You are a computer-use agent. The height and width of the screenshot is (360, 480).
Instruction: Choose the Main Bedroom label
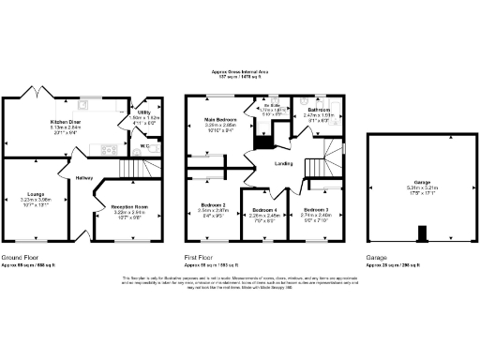[221, 120]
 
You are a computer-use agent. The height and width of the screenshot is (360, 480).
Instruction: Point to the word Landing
[284, 164]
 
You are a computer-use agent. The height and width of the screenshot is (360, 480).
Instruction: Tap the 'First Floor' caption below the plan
[201, 256]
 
